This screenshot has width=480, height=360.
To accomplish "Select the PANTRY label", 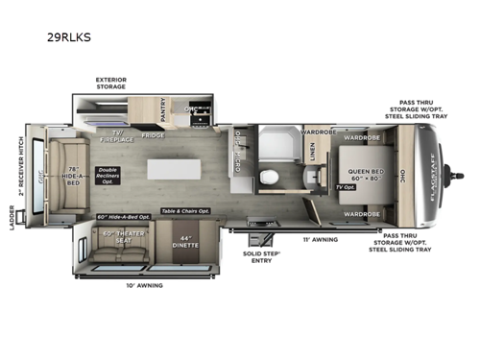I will (x=163, y=113).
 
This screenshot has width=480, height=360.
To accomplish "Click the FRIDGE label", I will (x=152, y=134).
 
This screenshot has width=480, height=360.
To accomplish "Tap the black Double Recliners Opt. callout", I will (x=108, y=177).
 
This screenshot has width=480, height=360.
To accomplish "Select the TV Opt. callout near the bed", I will (x=349, y=186).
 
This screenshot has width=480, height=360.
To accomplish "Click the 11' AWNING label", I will (x=319, y=240).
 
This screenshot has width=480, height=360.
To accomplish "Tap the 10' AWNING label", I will (x=144, y=285).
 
